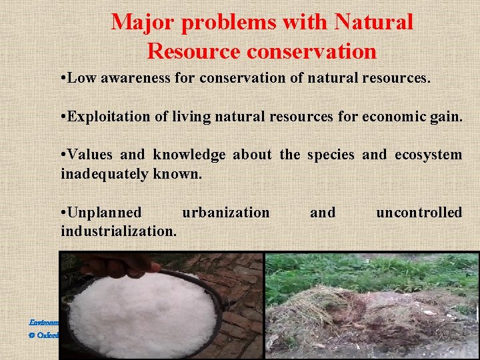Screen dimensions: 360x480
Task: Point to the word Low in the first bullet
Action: [x=82, y=79]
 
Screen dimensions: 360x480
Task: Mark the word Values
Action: [x=92, y=155]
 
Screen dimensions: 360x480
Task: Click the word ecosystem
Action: [x=428, y=155]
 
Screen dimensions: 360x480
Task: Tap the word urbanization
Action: [x=226, y=213]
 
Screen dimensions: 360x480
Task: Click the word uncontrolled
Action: [x=419, y=213]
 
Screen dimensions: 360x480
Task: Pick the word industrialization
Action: [x=119, y=231]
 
